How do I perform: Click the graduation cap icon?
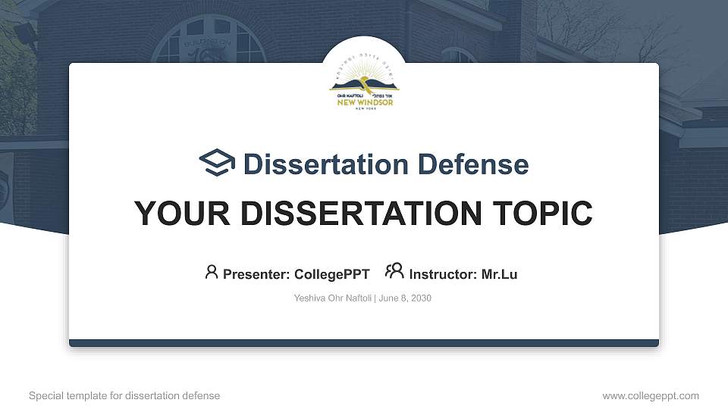(217, 163)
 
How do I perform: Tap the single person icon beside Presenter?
(212, 272)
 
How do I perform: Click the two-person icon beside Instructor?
(394, 271)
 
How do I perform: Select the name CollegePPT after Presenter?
(331, 274)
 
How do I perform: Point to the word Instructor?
(444, 274)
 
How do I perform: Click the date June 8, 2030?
(405, 298)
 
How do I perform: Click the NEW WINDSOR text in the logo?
(366, 102)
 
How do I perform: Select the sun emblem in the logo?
(364, 78)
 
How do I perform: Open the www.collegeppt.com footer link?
(650, 395)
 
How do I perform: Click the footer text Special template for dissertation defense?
(124, 395)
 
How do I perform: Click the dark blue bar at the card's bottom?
(364, 343)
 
